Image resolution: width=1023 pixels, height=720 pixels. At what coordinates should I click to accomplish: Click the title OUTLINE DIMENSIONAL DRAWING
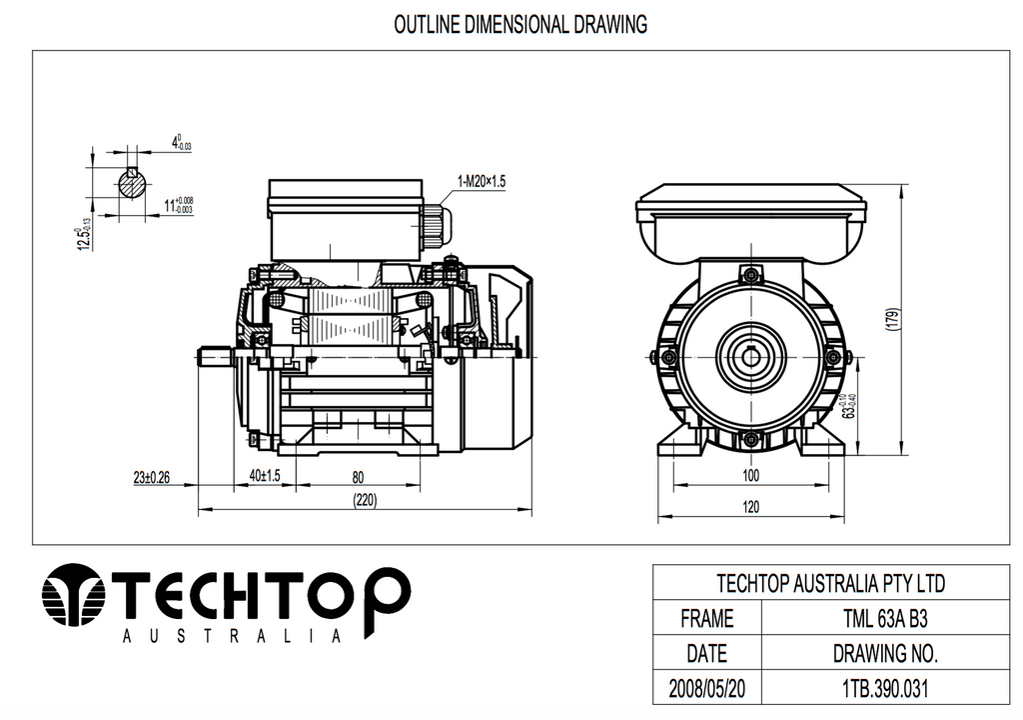coord(520,24)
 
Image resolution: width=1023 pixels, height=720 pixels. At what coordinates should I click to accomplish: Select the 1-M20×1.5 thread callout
coord(482,181)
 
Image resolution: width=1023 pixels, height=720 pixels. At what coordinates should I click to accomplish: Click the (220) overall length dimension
coord(366,502)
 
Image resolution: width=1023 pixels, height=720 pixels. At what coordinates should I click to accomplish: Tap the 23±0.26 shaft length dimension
coord(150,477)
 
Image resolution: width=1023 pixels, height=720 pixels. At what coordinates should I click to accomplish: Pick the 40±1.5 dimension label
coord(265,477)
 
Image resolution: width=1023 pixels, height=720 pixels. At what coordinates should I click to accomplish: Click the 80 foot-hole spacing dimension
coord(357,477)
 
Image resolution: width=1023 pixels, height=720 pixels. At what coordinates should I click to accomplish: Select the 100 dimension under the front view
coord(751,475)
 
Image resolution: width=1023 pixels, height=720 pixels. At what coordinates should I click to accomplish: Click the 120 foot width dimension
coord(751,507)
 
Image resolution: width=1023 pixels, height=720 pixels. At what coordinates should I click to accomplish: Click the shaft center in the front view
coord(751,357)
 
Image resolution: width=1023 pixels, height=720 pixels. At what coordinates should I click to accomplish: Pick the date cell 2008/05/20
coord(706,689)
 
